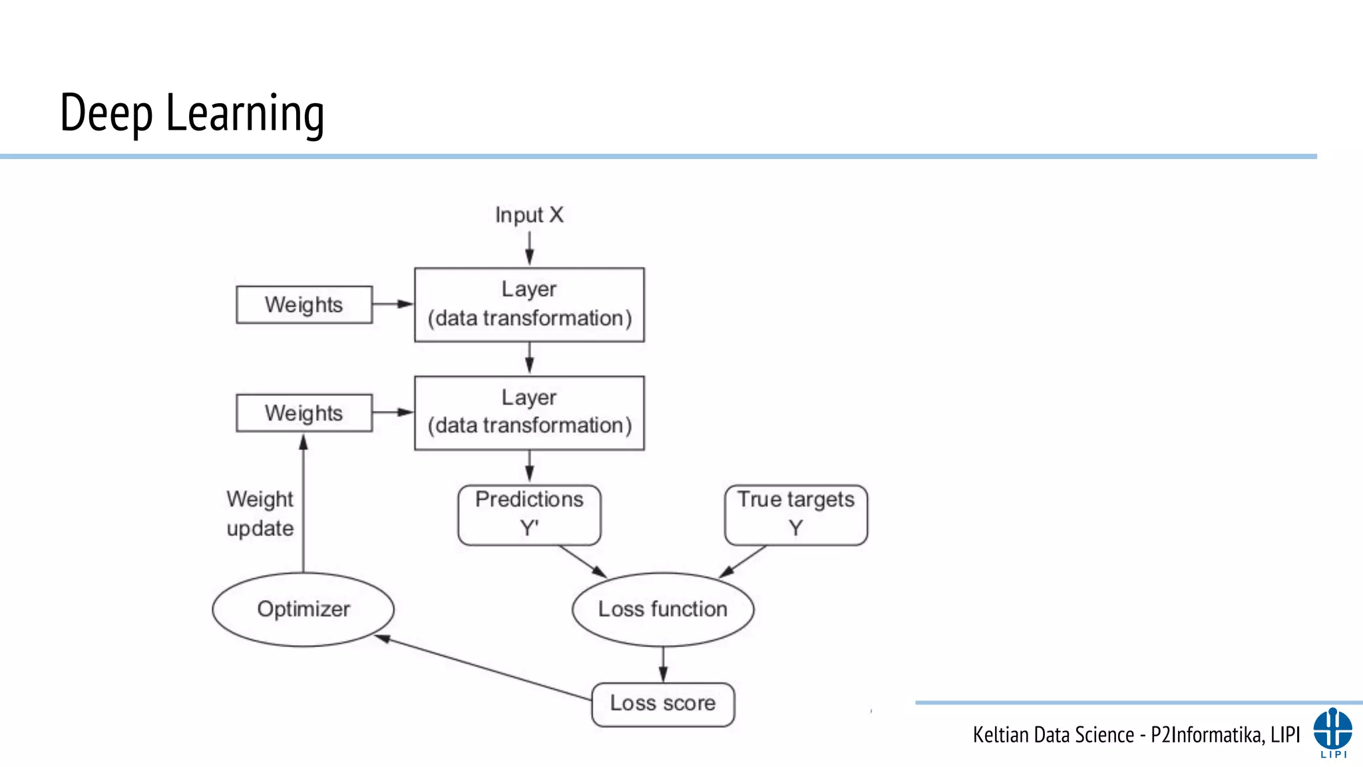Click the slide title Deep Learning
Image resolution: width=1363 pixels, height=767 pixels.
[192, 113]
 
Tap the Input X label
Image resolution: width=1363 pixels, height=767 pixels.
[529, 215]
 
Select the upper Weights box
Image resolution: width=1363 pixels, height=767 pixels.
[304, 305]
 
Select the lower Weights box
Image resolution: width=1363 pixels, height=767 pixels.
[304, 413]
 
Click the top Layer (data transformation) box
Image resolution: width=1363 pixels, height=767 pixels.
[529, 305]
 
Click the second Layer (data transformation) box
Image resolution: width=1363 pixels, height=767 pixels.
[529, 413]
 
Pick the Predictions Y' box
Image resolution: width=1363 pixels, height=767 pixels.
[529, 515]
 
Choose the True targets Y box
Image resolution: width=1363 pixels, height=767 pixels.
[796, 515]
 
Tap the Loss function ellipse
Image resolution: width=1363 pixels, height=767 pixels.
[663, 609]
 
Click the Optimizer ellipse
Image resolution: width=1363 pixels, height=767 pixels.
[303, 609]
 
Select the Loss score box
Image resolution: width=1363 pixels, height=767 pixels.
[663, 704]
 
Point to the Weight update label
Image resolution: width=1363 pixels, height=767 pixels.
[260, 513]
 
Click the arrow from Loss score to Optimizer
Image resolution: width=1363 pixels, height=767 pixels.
[486, 668]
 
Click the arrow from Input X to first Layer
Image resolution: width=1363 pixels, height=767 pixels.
[529, 248]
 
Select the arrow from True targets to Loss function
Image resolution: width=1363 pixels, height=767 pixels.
[743, 561]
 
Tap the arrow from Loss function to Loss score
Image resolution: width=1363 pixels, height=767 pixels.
[663, 664]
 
